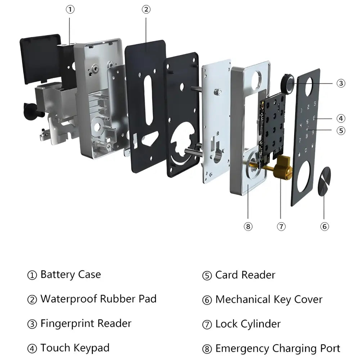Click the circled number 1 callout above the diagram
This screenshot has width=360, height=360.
click(x=71, y=10)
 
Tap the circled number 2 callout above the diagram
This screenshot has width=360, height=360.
click(x=146, y=10)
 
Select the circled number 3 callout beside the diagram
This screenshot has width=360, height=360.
click(x=341, y=83)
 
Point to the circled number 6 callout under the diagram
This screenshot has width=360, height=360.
click(x=324, y=226)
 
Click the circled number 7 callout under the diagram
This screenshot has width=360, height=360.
click(x=281, y=226)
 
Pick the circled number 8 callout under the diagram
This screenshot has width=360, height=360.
click(x=248, y=226)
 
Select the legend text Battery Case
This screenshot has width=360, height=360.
click(x=71, y=274)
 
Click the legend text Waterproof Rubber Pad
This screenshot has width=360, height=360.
click(x=98, y=299)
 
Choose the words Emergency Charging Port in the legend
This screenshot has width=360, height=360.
click(x=278, y=348)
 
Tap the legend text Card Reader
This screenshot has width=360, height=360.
click(x=245, y=275)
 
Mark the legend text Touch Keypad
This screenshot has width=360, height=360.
click(x=75, y=348)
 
